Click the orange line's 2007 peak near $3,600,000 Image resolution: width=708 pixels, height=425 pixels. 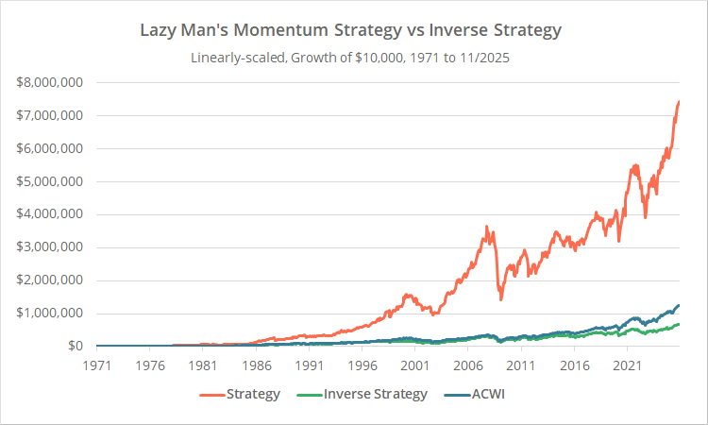[486, 227]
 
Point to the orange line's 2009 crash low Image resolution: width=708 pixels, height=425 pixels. [500, 298]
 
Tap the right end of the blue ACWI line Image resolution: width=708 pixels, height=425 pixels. [679, 306]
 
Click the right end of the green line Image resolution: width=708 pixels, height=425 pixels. [679, 325]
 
